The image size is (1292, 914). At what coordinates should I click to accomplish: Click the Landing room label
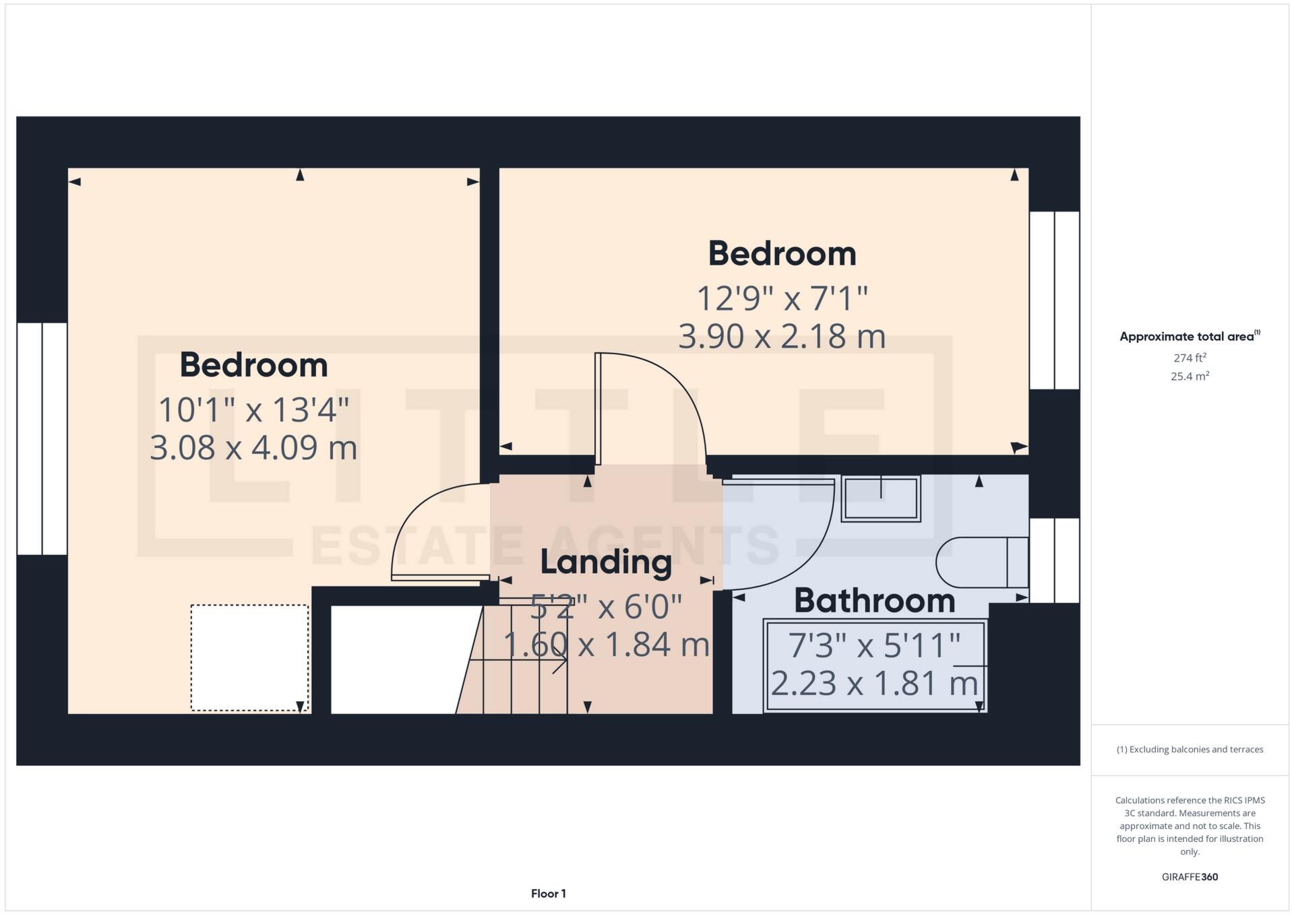pos(605,562)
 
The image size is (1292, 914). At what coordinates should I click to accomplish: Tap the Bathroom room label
pos(874,601)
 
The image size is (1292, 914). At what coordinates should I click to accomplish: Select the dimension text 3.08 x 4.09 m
pos(253,448)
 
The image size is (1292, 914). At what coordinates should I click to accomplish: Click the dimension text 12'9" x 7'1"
pos(782,298)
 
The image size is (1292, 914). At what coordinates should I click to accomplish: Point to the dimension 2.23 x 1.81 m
pos(874,684)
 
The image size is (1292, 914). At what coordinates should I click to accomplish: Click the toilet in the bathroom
pos(983,562)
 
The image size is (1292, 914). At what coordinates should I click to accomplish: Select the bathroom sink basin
pos(881,499)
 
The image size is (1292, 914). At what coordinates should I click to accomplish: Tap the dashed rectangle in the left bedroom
pos(249,657)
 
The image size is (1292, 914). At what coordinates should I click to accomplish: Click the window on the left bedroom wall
pos(42,438)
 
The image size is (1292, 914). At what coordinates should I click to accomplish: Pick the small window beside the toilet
pos(1054,560)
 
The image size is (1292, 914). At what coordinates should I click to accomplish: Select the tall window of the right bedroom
pos(1054,300)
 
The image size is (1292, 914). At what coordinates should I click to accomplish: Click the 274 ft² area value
pos(1190,358)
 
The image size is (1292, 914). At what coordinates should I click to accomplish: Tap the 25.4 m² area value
pos(1190,377)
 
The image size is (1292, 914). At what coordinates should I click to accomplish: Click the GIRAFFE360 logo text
pos(1190,877)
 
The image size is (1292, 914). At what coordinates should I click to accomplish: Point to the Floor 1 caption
pos(548,894)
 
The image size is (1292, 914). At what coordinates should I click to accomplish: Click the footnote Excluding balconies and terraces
pos(1190,750)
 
